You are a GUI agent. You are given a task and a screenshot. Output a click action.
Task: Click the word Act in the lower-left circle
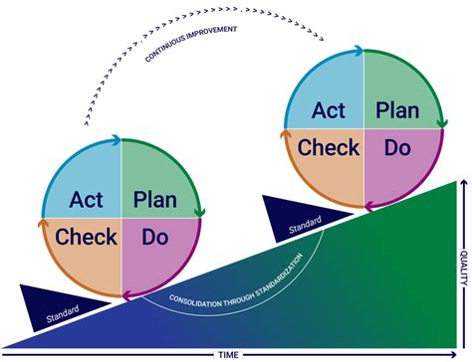tap(87, 200)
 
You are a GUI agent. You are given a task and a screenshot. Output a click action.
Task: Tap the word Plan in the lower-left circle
tap(155, 200)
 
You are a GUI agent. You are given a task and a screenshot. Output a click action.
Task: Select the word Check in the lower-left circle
tap(86, 237)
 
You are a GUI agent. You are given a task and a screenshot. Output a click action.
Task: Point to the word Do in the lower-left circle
tap(155, 237)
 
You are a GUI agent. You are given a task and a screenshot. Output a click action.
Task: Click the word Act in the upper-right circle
tap(329, 110)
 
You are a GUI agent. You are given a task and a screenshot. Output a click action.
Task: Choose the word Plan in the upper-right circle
tap(397, 110)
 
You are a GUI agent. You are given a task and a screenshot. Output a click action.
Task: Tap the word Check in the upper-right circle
tap(329, 147)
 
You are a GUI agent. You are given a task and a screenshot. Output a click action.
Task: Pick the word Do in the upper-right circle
tap(397, 147)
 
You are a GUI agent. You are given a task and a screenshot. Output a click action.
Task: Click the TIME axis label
tap(228, 355)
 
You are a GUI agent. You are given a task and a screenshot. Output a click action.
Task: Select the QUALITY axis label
tap(464, 268)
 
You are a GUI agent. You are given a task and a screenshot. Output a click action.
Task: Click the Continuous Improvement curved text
tap(191, 43)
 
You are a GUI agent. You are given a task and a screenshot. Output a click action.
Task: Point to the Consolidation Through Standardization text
tap(236, 280)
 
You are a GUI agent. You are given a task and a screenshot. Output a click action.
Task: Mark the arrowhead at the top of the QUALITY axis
tap(464, 182)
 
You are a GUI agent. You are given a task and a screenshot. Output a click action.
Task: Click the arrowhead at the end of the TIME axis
tap(454, 355)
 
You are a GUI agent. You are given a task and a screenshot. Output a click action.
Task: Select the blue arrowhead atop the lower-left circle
tap(117, 140)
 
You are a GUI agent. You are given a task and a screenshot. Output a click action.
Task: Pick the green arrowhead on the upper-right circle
tap(442, 123)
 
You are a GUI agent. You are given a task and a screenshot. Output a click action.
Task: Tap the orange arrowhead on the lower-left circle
tap(43, 223)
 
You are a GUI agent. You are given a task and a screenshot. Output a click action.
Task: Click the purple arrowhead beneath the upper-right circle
tap(369, 207)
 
